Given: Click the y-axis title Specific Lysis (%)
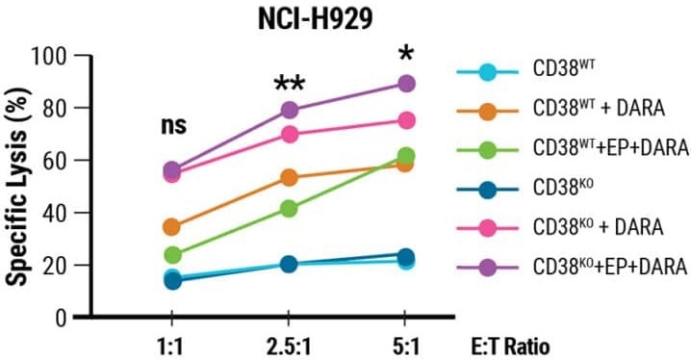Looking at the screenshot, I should (18, 183).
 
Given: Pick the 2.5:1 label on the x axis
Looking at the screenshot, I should (288, 345).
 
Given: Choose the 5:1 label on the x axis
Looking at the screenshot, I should (405, 345).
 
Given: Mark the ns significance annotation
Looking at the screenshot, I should (173, 125).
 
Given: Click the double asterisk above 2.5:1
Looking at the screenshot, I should (289, 85).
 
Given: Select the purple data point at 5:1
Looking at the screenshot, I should (405, 84).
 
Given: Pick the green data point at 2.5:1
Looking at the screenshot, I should (289, 208).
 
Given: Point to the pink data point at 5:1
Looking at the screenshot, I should (405, 120).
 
